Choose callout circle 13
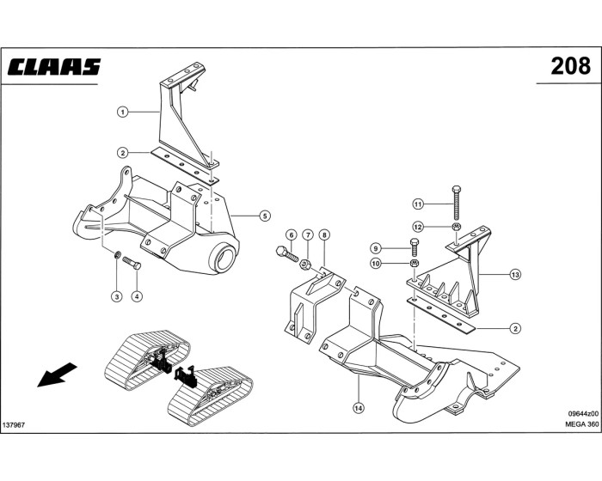pos(515,275)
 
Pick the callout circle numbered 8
pos(323,234)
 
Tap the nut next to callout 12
pos(458,227)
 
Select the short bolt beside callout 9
pos(415,249)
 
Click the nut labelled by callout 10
pos(415,264)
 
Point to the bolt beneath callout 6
pos(287,253)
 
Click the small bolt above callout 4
pos(132,262)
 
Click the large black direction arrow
pos(58,374)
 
